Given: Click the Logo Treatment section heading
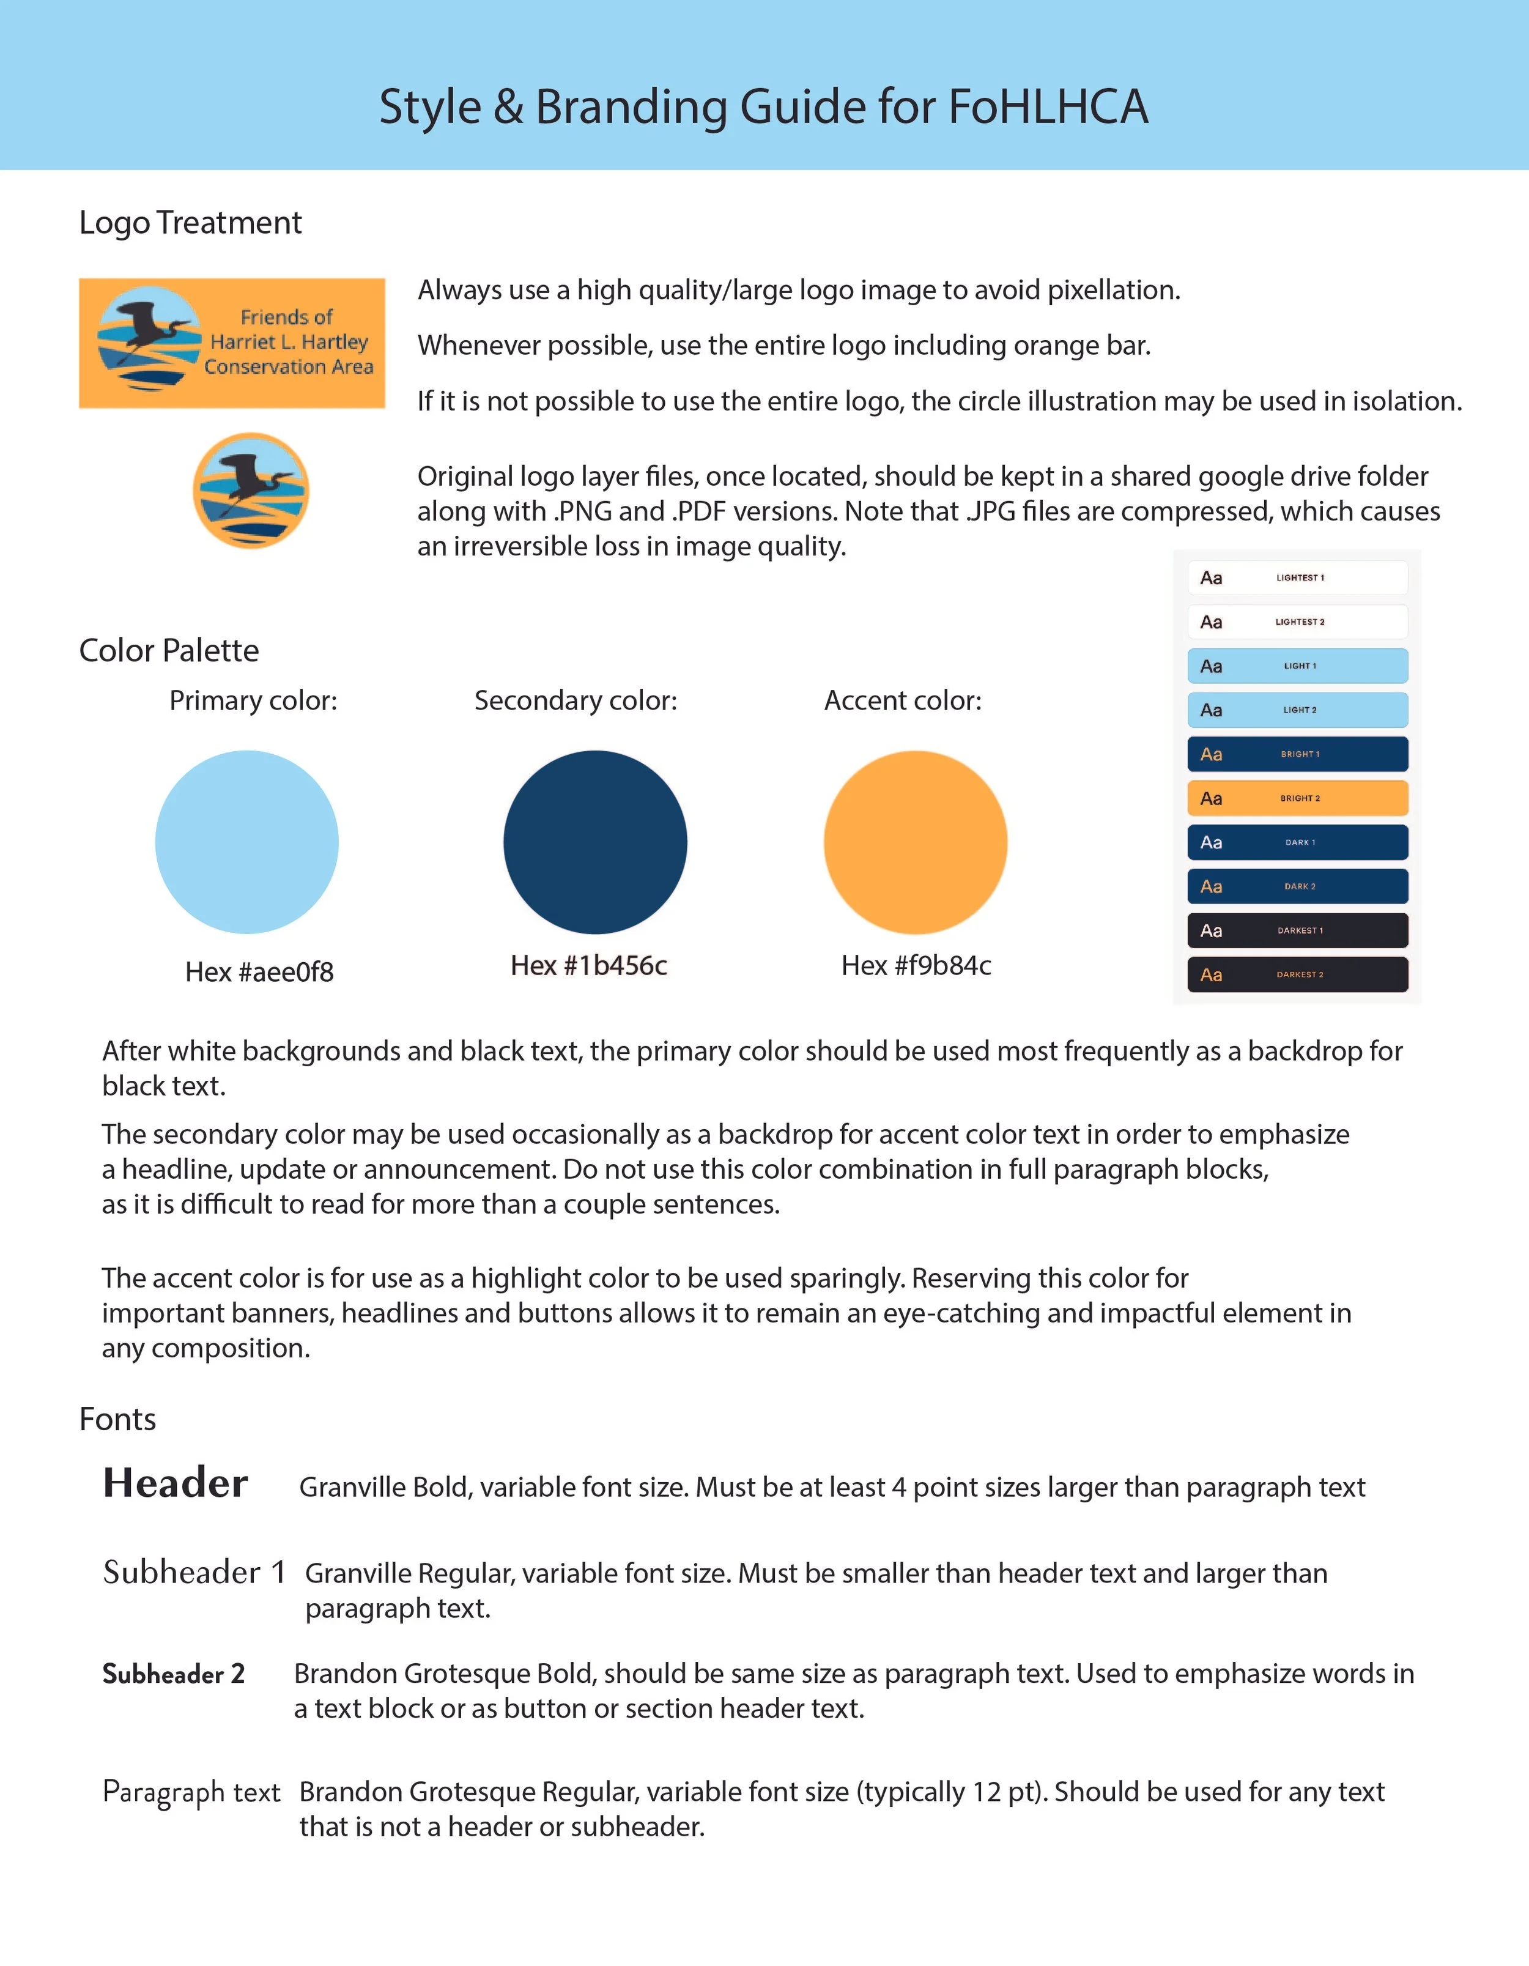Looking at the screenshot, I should click(190, 222).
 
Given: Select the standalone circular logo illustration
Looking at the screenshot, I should click(251, 491).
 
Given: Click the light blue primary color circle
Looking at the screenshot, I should click(246, 842).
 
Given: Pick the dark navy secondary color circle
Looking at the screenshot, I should click(595, 842).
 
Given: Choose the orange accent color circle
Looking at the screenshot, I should click(915, 842).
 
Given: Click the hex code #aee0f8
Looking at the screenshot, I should click(259, 971).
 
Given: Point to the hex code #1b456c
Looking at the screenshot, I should click(588, 965).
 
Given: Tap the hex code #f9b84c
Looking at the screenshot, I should click(916, 965).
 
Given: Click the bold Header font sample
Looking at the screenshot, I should click(176, 1483).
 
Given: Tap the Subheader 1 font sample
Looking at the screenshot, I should click(193, 1571).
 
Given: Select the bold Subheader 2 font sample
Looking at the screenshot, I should click(174, 1674).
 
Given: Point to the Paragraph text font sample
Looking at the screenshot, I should click(191, 1792).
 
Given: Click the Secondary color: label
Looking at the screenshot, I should click(576, 700).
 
